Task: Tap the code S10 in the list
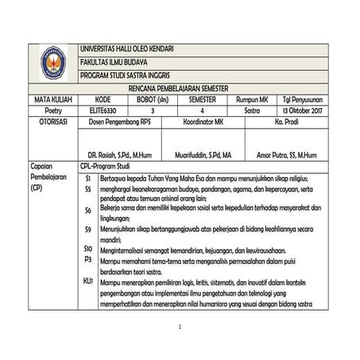88,249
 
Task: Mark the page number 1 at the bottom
180,327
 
